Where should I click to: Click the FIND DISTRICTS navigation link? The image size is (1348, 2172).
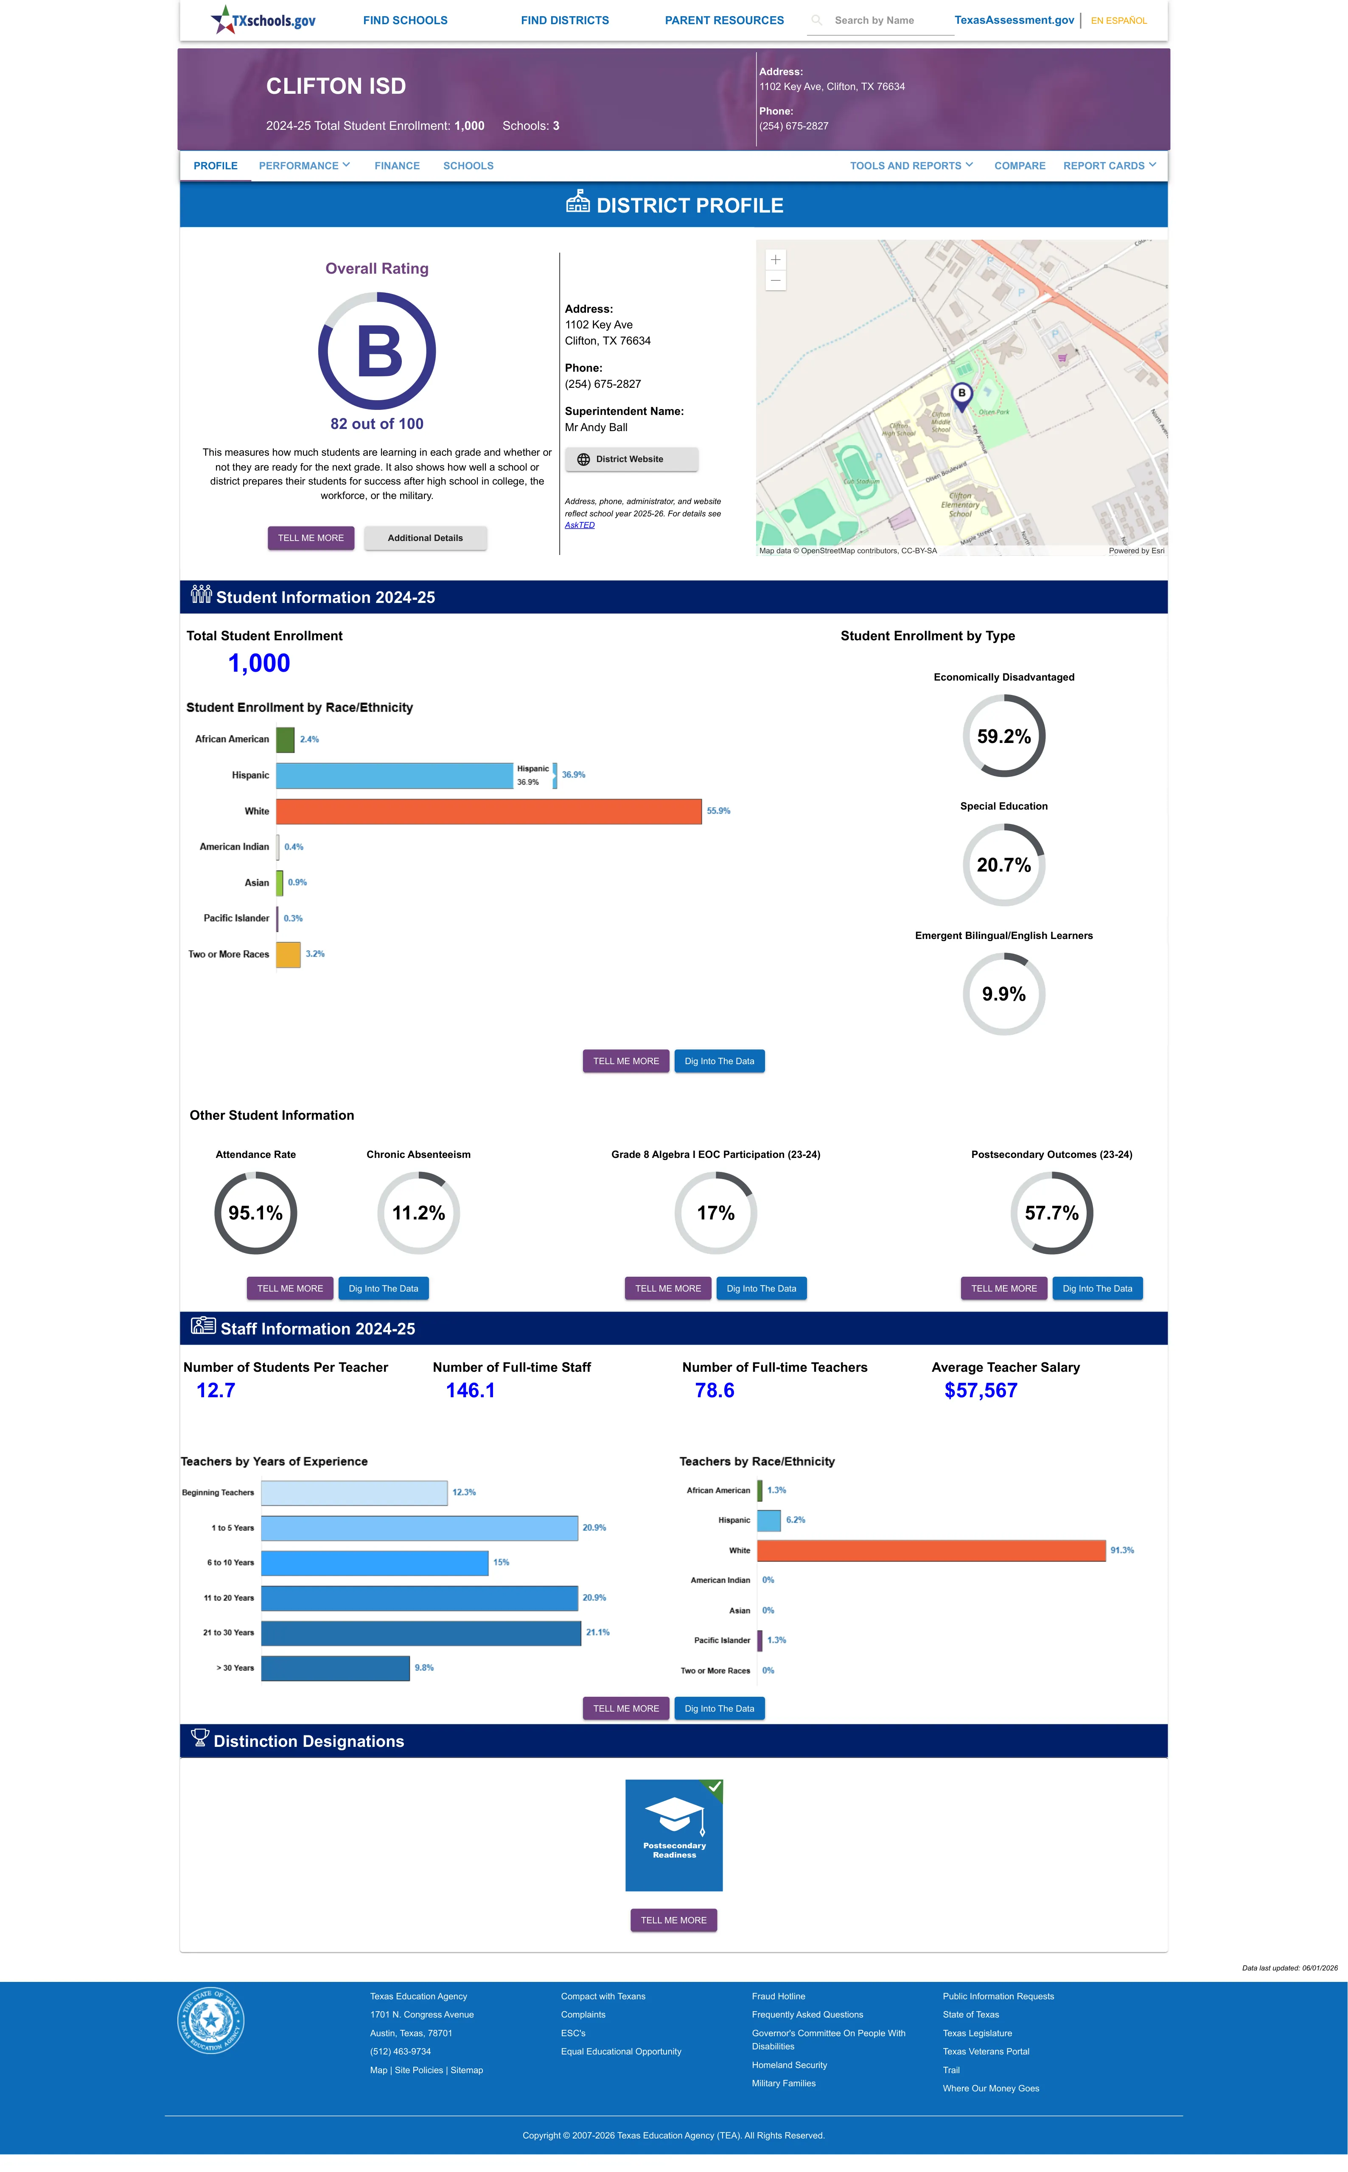[564, 20]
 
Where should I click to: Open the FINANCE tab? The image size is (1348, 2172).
[397, 166]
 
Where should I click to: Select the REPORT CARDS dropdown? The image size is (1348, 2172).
[1109, 166]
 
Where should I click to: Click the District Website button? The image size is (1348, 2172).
[631, 459]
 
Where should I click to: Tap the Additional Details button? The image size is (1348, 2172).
[425, 538]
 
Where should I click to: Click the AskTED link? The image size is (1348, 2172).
[580, 525]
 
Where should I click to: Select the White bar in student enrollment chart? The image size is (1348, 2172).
[488, 811]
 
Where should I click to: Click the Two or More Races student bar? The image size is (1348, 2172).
[288, 955]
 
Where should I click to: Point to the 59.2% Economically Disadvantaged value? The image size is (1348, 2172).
[1004, 736]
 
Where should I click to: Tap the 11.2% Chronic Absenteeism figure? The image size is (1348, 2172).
[418, 1213]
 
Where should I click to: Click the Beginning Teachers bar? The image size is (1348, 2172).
[354, 1493]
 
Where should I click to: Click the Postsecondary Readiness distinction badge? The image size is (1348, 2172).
[674, 1835]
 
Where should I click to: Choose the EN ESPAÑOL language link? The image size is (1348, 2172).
[1119, 20]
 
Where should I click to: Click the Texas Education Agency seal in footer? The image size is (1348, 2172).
[210, 2020]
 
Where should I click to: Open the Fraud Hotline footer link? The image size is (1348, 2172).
[778, 1996]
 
